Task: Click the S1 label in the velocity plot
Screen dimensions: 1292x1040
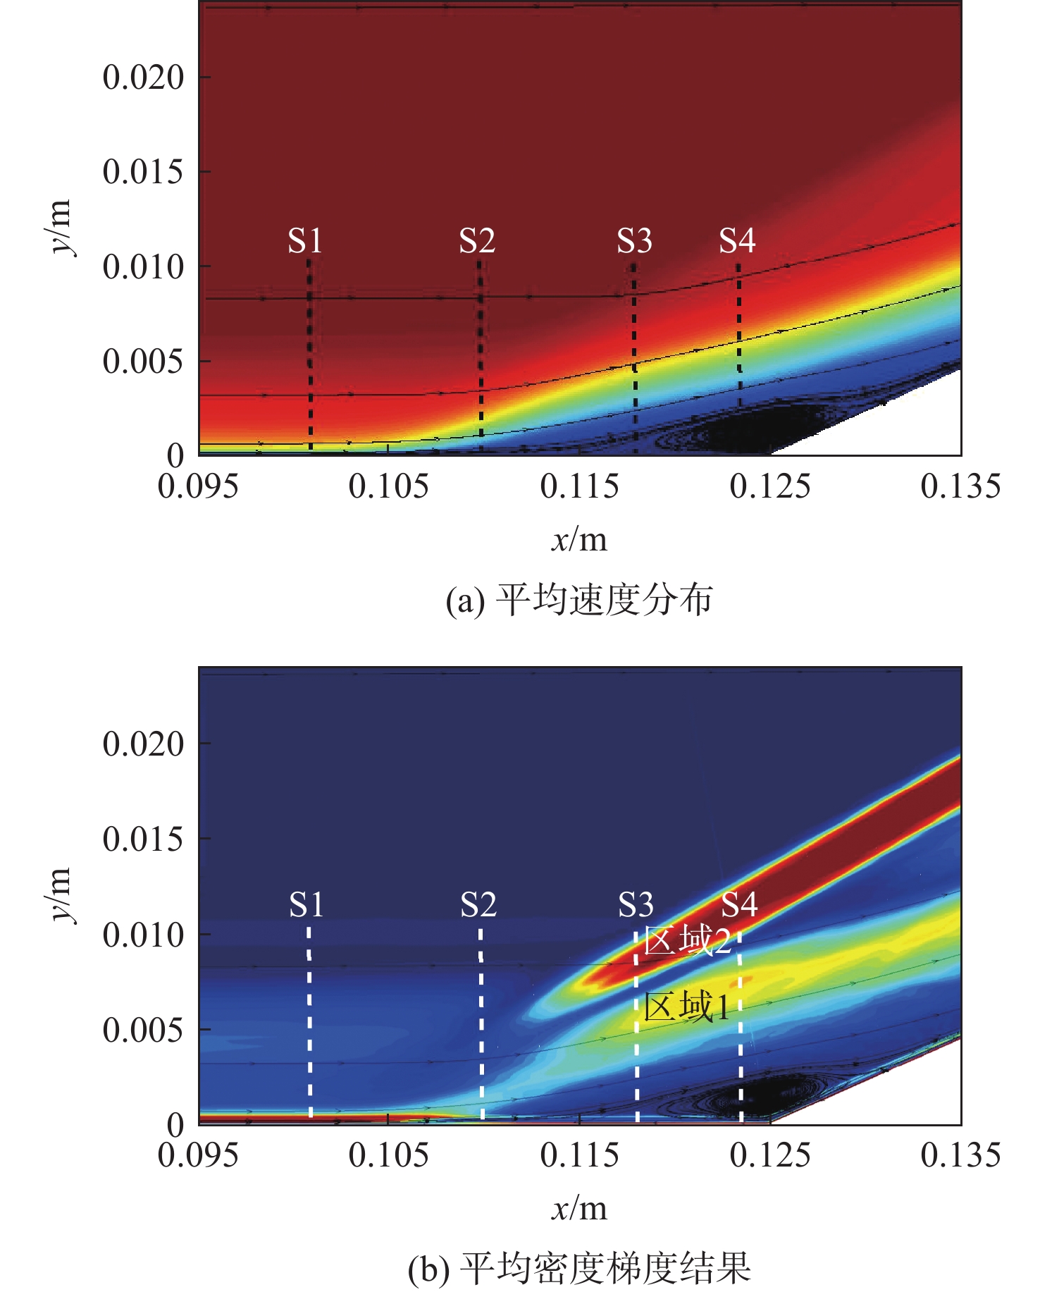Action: tap(305, 241)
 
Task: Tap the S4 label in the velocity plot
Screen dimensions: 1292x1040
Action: tap(737, 241)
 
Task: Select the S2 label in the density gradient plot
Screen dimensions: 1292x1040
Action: tap(478, 904)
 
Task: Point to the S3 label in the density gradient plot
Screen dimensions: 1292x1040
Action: tap(636, 904)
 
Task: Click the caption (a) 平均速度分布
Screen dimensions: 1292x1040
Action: tap(579, 601)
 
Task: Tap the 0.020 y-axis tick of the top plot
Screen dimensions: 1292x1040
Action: tap(143, 77)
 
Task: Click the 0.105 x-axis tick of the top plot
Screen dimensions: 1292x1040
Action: tap(388, 487)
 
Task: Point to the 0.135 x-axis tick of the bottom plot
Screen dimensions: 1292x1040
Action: tap(960, 1155)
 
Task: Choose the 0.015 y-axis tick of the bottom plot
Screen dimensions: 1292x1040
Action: tap(143, 839)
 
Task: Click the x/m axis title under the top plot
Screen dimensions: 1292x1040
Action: tap(579, 540)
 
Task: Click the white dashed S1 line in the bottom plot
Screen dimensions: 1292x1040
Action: tap(309, 1022)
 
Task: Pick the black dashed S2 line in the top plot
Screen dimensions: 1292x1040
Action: tap(481, 352)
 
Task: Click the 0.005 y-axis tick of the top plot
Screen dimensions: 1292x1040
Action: tap(143, 362)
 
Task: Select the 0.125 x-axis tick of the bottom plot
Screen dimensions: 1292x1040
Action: tap(770, 1155)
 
